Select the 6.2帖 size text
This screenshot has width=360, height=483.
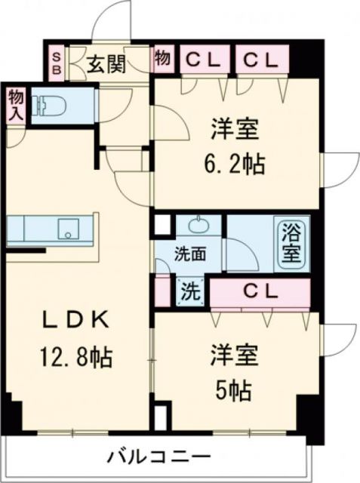233,164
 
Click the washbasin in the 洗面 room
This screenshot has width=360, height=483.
199,224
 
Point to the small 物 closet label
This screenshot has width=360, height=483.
162,58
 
